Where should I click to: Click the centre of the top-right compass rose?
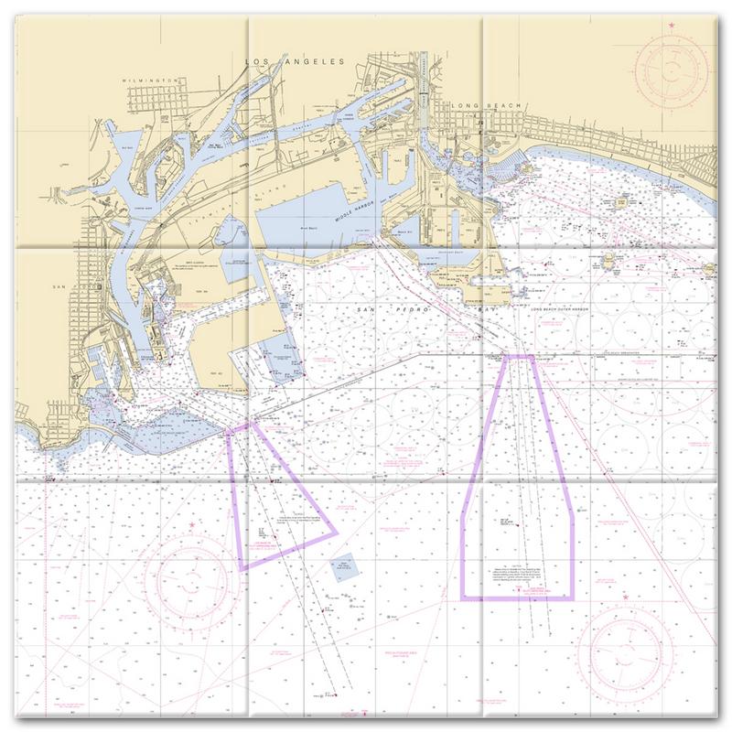click(x=673, y=70)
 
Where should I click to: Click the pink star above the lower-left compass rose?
click(x=191, y=525)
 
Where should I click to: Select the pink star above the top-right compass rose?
click(x=673, y=23)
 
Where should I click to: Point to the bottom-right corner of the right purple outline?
click(x=573, y=597)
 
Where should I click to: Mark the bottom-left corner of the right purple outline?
click(x=462, y=597)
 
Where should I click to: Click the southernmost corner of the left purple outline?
click(x=243, y=569)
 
